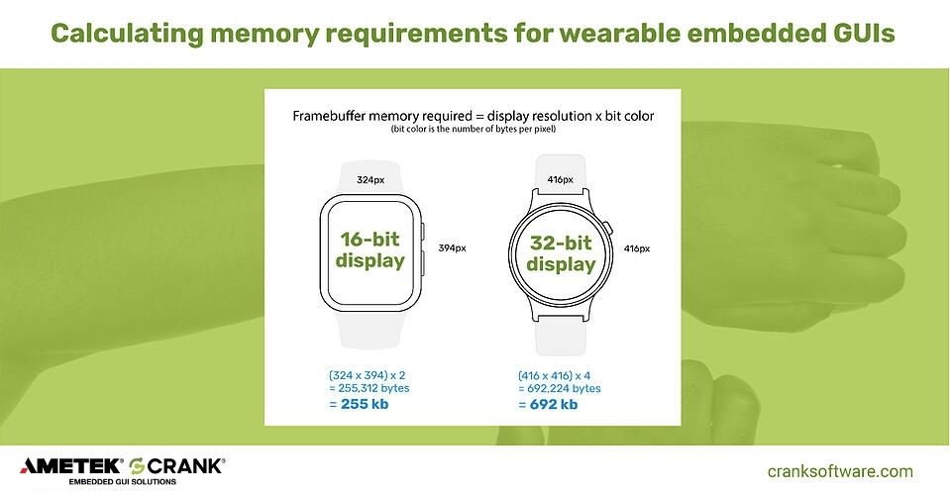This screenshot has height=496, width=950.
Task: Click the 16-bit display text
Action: [x=370, y=249]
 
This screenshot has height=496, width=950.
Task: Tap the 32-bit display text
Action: [x=561, y=253]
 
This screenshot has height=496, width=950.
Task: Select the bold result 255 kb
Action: [x=359, y=404]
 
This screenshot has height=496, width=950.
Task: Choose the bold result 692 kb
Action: [x=548, y=404]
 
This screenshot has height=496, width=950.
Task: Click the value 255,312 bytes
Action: [x=369, y=388]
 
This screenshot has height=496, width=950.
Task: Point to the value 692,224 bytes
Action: [x=560, y=388]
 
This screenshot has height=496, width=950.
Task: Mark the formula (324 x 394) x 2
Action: [x=368, y=375]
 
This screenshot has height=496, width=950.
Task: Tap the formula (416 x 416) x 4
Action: [x=555, y=375]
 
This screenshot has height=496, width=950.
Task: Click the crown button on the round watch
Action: [x=608, y=229]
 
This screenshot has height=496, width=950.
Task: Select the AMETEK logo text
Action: [x=70, y=465]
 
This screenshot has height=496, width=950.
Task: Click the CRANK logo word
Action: [x=185, y=465]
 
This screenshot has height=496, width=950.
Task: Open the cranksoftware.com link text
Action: [x=840, y=471]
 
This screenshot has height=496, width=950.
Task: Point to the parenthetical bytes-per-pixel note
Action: [x=474, y=129]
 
